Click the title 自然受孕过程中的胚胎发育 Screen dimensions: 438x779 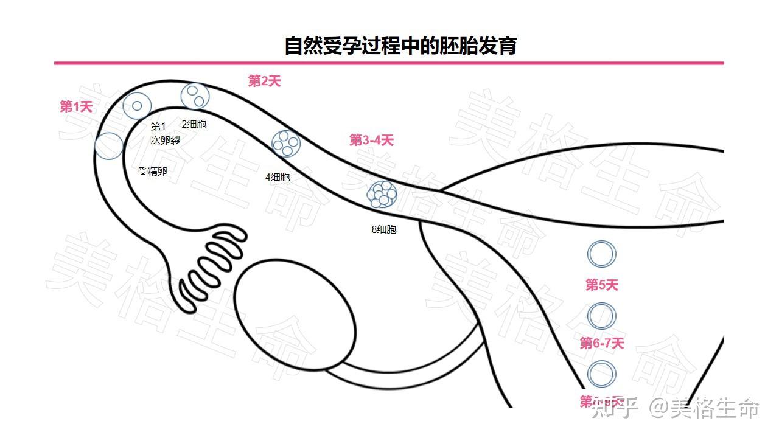(400, 46)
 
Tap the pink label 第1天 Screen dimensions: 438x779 (76, 107)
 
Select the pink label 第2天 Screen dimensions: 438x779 (265, 81)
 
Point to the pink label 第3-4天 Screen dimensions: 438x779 (371, 141)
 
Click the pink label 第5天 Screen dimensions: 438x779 (602, 285)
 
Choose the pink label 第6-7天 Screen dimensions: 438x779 (602, 344)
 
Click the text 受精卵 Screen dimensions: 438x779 (152, 172)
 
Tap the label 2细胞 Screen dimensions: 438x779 (194, 125)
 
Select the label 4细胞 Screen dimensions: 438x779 (278, 178)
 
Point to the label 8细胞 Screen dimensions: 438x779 (384, 230)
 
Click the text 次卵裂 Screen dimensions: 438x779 (166, 140)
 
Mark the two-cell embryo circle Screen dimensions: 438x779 (195, 96)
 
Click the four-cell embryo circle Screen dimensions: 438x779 (285, 143)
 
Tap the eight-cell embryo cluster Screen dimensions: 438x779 (382, 194)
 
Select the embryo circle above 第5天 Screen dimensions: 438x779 (602, 254)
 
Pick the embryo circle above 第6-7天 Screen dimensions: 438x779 (602, 316)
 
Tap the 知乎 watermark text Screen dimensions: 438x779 (615, 409)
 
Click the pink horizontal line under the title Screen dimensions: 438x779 (389, 63)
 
